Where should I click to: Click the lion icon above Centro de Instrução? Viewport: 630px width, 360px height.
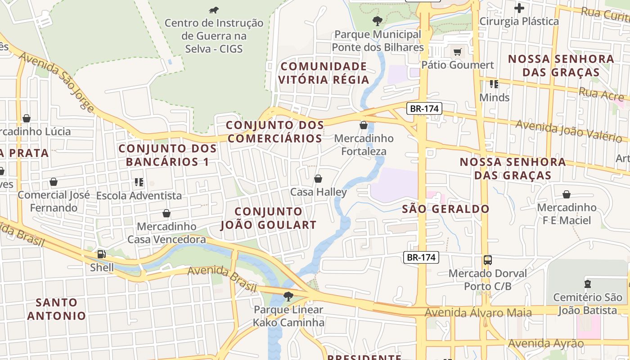(214, 10)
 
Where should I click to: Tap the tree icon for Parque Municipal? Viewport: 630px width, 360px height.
(378, 20)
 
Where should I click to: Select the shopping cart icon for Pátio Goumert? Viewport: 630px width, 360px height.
(457, 52)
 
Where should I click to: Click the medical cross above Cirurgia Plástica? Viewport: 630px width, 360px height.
(519, 8)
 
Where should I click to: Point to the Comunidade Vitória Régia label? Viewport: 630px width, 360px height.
(323, 73)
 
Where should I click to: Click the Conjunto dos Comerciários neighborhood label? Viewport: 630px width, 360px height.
(274, 131)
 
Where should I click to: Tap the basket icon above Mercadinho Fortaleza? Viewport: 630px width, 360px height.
(364, 125)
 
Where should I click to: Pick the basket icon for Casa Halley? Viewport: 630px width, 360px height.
(318, 179)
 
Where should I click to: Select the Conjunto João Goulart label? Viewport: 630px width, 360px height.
(268, 218)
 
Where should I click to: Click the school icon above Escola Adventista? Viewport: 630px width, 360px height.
(139, 182)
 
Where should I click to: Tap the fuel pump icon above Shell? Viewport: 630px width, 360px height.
(102, 254)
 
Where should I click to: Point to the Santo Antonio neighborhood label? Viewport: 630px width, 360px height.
(56, 309)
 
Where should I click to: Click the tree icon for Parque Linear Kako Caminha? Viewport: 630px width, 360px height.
(288, 296)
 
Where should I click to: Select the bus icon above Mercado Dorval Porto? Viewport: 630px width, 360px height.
(488, 260)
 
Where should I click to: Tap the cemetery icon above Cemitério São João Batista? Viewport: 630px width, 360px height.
(587, 284)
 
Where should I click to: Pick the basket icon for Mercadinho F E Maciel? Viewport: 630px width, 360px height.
(567, 194)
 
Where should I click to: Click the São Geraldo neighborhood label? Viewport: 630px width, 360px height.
(445, 209)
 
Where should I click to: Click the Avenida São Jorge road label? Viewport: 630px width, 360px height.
(57, 81)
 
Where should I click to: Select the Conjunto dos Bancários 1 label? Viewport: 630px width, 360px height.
(167, 155)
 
